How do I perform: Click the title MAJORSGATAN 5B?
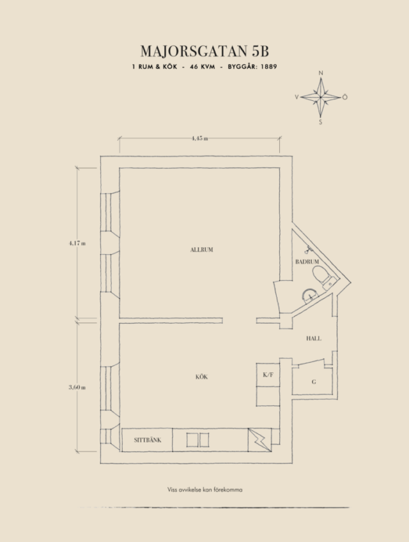pos(204,51)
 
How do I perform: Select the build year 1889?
pos(268,67)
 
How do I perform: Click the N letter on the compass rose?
pos(321,73)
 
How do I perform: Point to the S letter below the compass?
pos(320,122)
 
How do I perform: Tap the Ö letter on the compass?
pos(344,97)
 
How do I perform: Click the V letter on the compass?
pos(297,98)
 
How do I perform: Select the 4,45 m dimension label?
pos(200,139)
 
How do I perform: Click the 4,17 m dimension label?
pos(77,243)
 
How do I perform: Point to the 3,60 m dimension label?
pos(77,387)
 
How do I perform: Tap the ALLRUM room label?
pos(202,250)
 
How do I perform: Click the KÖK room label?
pos(202,377)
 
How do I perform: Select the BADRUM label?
pos(307,262)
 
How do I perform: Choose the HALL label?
pos(314,338)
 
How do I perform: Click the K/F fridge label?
pos(268,374)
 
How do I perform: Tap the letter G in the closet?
pos(314,382)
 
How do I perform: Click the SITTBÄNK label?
pos(148,440)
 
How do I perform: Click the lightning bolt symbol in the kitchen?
pos(260,440)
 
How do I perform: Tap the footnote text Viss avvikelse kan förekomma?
pos(205,490)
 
